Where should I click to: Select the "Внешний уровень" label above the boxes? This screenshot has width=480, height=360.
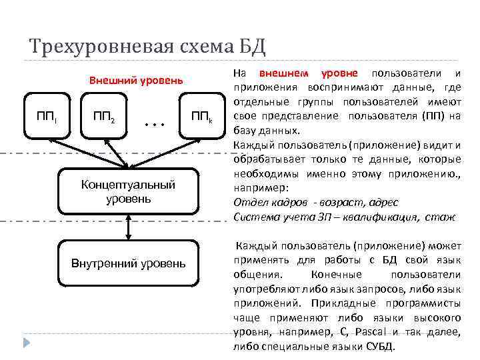[x=136, y=81]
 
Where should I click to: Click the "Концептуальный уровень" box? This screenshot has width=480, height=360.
[x=128, y=192]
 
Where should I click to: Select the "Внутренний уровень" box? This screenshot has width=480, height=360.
[x=129, y=263]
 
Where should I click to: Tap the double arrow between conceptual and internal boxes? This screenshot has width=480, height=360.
[x=129, y=227]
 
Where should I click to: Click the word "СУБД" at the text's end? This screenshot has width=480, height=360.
[x=379, y=347]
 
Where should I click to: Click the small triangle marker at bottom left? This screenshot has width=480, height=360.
[x=27, y=344]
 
